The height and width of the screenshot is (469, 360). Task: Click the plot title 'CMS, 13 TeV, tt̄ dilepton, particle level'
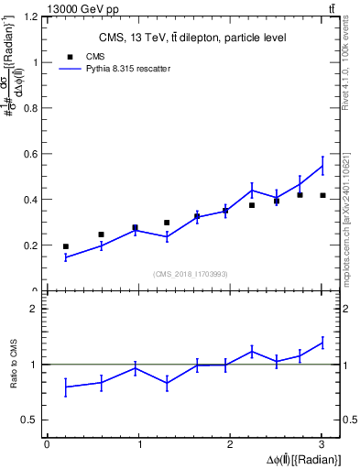(192, 38)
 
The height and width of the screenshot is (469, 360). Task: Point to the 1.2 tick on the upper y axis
(32, 17)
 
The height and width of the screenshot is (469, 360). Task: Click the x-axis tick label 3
(322, 444)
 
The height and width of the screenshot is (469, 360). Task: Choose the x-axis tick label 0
(47, 444)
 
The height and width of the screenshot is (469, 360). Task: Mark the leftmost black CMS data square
(66, 246)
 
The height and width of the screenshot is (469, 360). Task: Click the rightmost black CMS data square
(322, 195)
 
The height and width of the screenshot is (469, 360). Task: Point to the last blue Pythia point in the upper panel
(322, 166)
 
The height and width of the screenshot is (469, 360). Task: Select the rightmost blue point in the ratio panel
(322, 343)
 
